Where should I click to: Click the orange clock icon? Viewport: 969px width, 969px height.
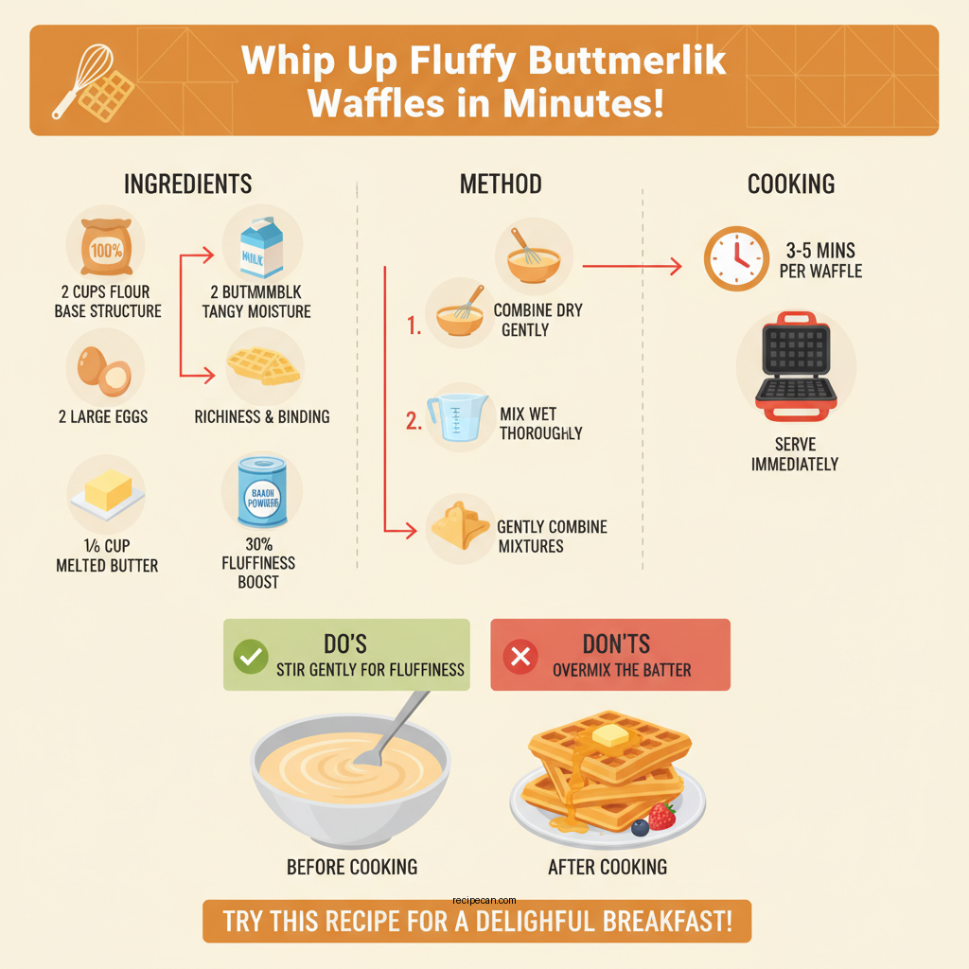[x=736, y=257]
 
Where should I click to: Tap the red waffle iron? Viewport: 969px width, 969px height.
[x=795, y=366]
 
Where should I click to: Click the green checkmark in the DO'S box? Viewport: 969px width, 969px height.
[x=250, y=656]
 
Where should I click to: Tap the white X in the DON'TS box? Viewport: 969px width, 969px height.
[x=520, y=656]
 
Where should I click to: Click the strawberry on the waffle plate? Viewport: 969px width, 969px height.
[x=661, y=815]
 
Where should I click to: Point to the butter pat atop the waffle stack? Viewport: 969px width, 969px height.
[x=609, y=733]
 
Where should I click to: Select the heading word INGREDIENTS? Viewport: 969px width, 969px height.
[x=188, y=184]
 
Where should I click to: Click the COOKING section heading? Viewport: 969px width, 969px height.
[x=791, y=184]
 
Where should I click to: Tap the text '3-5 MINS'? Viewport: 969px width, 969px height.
[x=819, y=251]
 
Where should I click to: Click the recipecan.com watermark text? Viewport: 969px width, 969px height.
[x=485, y=901]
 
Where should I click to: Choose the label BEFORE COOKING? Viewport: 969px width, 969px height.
[x=352, y=866]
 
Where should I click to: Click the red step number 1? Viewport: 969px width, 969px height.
[x=413, y=327]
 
